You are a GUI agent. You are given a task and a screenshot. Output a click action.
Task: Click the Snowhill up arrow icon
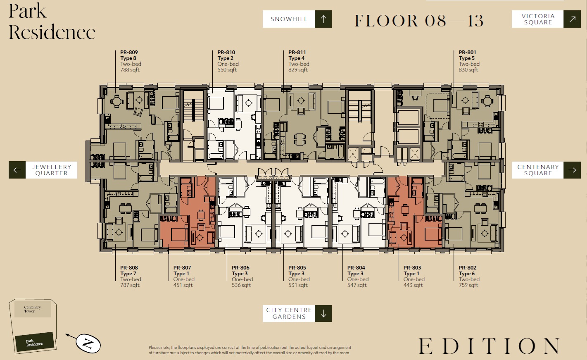point(323,19)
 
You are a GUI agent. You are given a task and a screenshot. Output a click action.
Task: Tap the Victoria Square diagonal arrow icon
point(572,19)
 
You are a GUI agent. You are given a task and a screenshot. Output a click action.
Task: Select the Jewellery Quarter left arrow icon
point(17,170)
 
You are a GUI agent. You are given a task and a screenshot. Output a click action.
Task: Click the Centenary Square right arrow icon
point(572,170)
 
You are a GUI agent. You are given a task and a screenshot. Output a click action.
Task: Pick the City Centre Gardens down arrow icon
point(323,313)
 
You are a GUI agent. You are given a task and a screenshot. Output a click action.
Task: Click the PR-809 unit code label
point(129,52)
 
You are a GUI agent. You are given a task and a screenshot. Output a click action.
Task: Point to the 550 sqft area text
point(227,70)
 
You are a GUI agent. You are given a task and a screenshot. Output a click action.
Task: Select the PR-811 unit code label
point(297,52)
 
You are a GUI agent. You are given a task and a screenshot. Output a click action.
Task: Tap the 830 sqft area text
point(468,70)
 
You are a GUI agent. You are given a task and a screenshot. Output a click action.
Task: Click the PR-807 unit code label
point(182,268)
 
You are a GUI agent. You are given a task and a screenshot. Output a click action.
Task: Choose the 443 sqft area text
point(413,285)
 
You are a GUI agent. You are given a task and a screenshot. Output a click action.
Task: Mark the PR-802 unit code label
point(468,268)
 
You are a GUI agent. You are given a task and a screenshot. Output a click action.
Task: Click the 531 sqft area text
point(298,285)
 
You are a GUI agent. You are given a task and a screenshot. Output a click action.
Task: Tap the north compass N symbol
point(88,343)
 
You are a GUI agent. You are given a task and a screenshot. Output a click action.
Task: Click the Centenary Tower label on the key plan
point(33,309)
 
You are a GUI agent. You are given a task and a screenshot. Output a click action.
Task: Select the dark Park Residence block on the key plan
point(34,342)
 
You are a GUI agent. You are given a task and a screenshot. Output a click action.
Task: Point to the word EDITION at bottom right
point(489,346)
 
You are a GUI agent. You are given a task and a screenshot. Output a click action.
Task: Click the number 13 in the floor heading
point(475,21)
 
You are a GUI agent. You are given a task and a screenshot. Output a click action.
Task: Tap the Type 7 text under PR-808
point(128,274)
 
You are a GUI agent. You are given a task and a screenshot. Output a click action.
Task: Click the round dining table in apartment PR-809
point(117,101)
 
